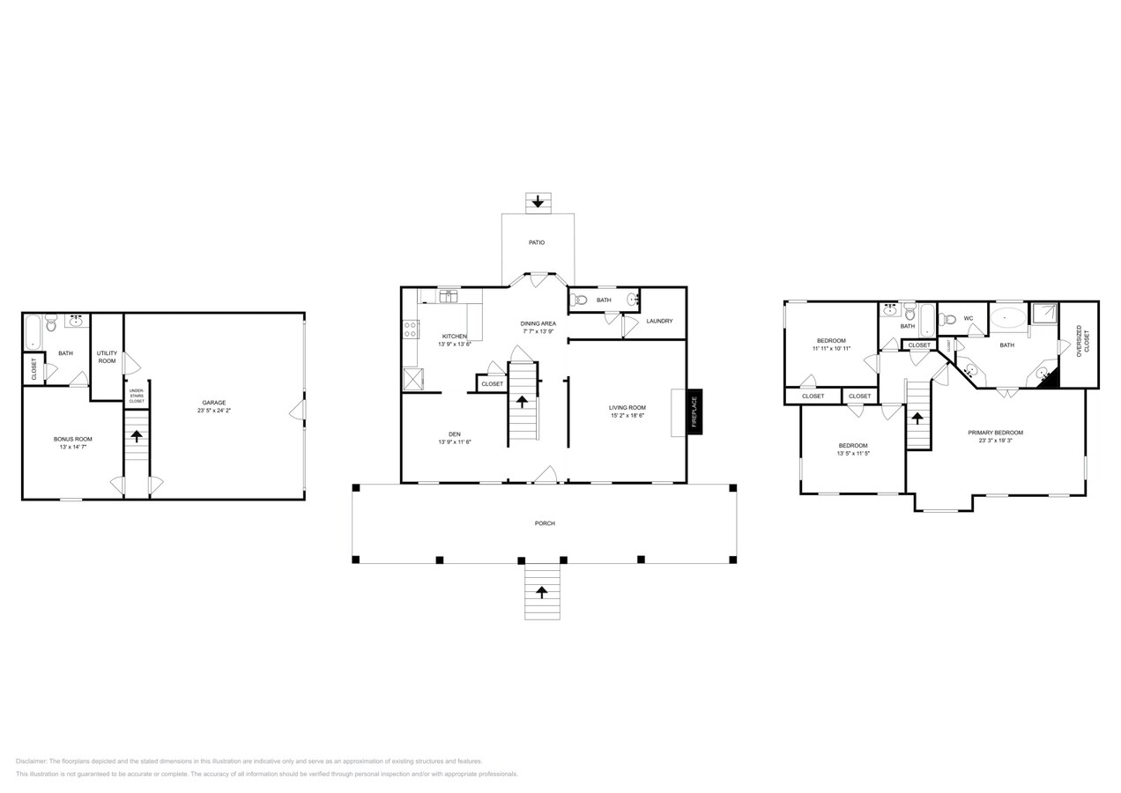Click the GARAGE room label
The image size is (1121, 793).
click(x=214, y=403)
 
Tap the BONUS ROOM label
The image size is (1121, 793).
click(x=72, y=439)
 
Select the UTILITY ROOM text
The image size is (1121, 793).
click(x=107, y=357)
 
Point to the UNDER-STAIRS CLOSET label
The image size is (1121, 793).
click(x=137, y=396)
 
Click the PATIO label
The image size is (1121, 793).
click(x=537, y=242)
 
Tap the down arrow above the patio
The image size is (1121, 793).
click(x=538, y=202)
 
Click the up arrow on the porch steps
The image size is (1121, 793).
click(x=542, y=592)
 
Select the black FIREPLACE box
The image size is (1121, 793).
click(x=694, y=412)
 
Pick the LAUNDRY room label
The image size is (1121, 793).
click(x=659, y=321)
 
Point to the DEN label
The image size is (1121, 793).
click(x=455, y=434)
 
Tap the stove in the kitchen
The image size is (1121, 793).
click(x=410, y=330)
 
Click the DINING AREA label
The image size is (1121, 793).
click(x=538, y=323)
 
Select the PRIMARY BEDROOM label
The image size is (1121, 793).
click(x=995, y=433)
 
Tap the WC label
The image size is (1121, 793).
click(x=968, y=318)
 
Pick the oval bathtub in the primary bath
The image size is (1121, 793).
click(x=1007, y=317)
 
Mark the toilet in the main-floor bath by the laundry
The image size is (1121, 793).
click(x=580, y=300)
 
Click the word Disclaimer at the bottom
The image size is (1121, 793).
click(x=31, y=761)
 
